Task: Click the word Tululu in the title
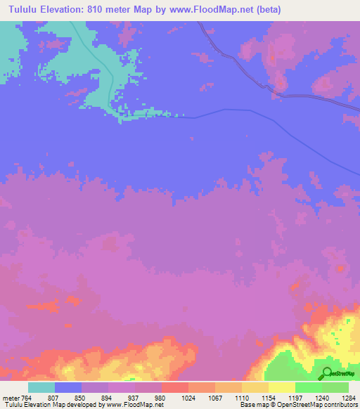point(21,10)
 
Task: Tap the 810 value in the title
point(104,10)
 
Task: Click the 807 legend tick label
point(53,398)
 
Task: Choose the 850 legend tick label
point(81,398)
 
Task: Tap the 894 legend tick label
point(108,398)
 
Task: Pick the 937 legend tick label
point(134,398)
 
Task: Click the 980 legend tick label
point(161,398)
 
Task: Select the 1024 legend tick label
point(188,398)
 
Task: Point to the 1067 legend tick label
point(214,398)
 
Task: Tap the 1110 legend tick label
point(241,398)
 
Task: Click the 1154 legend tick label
point(268,398)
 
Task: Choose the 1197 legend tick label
point(295,398)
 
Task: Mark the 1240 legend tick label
point(321,398)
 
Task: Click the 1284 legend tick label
point(348,398)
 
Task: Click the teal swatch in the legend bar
point(41,387)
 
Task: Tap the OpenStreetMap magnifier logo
point(326,373)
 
